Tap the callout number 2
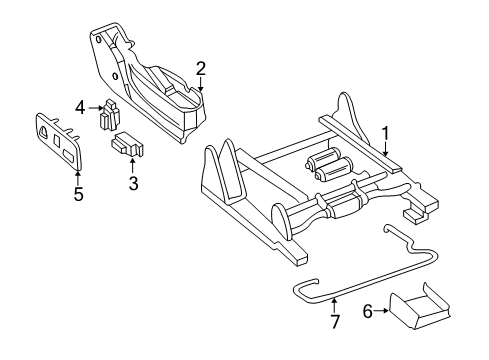point(201,68)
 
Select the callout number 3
point(132,182)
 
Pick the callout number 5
point(77,194)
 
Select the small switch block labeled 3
point(128,146)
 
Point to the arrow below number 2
point(201,84)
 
